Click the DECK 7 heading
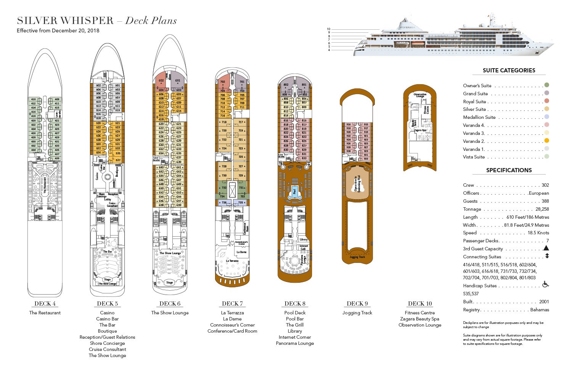point(232,304)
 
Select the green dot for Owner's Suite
point(547,85)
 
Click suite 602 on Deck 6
point(161,81)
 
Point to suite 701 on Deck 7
point(242,82)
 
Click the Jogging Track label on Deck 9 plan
point(357,257)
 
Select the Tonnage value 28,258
point(542,209)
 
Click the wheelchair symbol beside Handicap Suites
point(546,285)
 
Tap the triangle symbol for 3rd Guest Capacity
point(546,248)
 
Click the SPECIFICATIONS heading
point(509,170)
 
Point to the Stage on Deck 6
point(170,282)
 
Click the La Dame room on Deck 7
point(241,252)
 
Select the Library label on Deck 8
point(304,239)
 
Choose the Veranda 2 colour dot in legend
point(547,141)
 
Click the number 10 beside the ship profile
point(328,29)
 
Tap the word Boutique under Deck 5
point(107,331)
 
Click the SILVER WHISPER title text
point(65,21)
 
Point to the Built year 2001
point(544,302)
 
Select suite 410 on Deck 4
point(33,99)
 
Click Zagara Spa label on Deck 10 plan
point(420,130)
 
